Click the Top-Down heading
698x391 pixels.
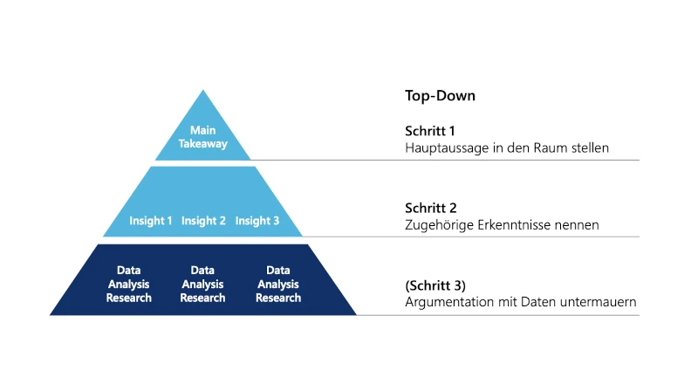(440, 96)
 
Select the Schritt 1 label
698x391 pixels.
(430, 131)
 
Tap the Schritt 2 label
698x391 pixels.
(431, 208)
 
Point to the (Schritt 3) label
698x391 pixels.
(435, 285)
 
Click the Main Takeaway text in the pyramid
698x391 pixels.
(202, 137)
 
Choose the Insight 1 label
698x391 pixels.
(151, 221)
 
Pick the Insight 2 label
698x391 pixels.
(203, 221)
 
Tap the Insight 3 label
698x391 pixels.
(257, 221)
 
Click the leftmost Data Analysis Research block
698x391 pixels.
(129, 285)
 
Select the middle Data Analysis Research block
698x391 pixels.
(202, 285)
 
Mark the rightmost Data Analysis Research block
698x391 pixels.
(278, 285)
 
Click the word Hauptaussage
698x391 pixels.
(445, 148)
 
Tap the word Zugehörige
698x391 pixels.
(437, 225)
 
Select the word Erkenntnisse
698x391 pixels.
(512, 225)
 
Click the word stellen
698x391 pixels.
(589, 148)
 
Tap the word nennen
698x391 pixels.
(578, 225)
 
